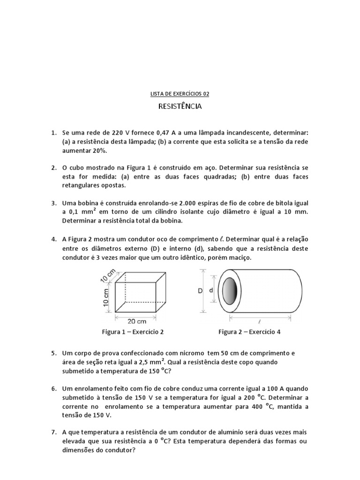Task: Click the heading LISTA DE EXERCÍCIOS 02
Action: coord(180,94)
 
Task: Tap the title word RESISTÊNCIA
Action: coord(180,107)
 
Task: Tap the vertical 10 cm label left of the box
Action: coord(106,296)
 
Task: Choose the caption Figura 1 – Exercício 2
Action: coord(133,332)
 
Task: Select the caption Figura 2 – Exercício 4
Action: coord(249,332)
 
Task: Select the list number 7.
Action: coord(53,432)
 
